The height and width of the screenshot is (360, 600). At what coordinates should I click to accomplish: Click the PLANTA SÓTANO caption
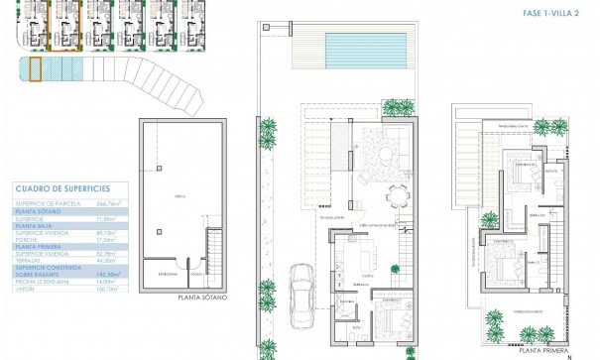point(203,297)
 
